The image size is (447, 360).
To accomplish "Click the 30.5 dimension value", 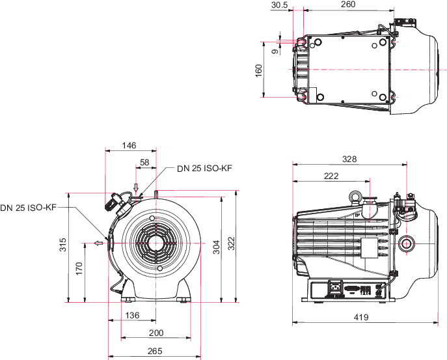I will click(x=280, y=5).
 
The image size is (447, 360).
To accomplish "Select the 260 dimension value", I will click(x=347, y=5).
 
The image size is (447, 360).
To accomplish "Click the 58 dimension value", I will click(x=144, y=161).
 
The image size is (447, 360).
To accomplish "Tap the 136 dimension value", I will click(x=131, y=316).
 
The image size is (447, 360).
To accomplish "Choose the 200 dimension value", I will click(x=156, y=333).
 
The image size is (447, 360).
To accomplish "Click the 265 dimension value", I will click(x=155, y=352).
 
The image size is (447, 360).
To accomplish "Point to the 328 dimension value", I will click(x=351, y=159).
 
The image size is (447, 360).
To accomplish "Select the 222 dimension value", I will click(x=331, y=176).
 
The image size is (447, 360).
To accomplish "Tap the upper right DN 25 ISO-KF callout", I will click(x=204, y=169).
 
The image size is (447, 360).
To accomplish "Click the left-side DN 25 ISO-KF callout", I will click(x=29, y=208).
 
